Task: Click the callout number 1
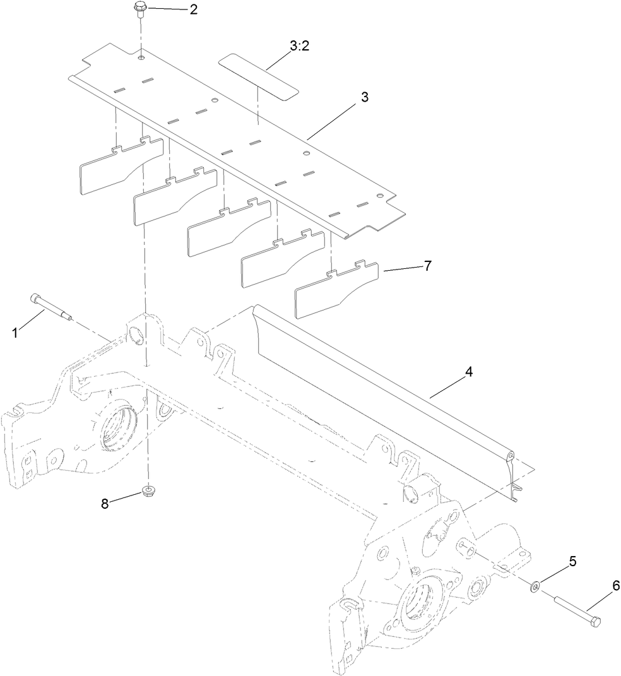[16, 332]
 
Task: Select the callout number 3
[365, 97]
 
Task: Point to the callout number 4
[468, 372]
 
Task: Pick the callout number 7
[427, 266]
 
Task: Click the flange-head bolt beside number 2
[139, 9]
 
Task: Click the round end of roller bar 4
[510, 454]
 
